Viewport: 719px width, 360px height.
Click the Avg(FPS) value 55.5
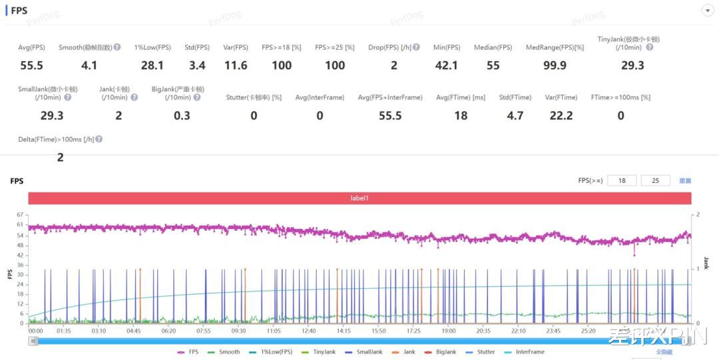(x=31, y=65)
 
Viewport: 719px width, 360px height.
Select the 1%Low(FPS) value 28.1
(x=152, y=65)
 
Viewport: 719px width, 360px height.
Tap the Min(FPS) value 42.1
(x=446, y=65)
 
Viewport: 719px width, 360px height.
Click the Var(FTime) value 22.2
(x=561, y=116)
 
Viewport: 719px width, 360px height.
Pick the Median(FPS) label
(x=493, y=47)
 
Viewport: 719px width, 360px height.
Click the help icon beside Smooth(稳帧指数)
(x=117, y=47)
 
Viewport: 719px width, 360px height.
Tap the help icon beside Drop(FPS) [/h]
(x=416, y=47)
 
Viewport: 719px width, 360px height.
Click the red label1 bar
(x=359, y=198)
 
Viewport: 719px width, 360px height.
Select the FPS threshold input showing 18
(x=622, y=180)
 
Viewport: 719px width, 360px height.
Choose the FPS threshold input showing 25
(x=655, y=180)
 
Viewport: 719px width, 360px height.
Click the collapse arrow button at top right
(x=707, y=11)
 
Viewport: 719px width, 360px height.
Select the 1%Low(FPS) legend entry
(x=271, y=352)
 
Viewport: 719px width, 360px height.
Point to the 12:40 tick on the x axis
(x=308, y=331)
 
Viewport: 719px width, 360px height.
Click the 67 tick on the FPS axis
(x=20, y=215)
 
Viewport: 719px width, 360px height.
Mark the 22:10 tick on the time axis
(x=518, y=331)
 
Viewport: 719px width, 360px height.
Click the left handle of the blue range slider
(x=33, y=341)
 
